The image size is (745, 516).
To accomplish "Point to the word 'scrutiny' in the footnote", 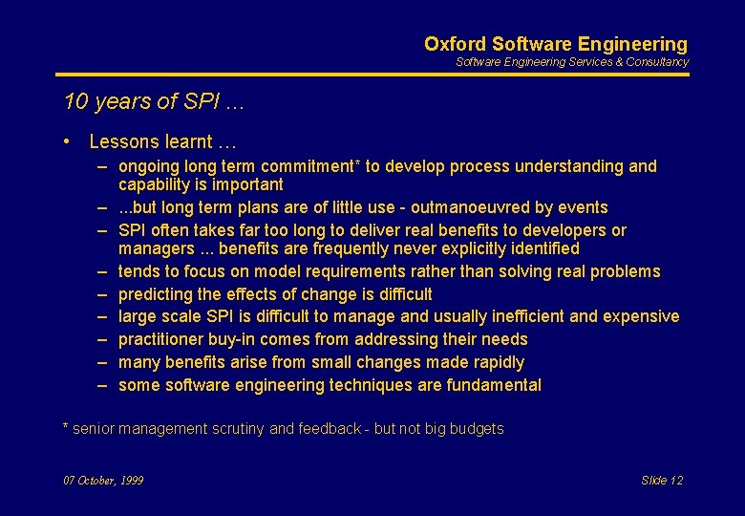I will (236, 429).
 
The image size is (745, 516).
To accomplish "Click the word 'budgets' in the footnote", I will (478, 429).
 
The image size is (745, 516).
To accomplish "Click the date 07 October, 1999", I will (103, 481).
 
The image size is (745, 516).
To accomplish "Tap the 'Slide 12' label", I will (662, 481).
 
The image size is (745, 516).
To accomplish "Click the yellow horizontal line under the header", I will (372, 75).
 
